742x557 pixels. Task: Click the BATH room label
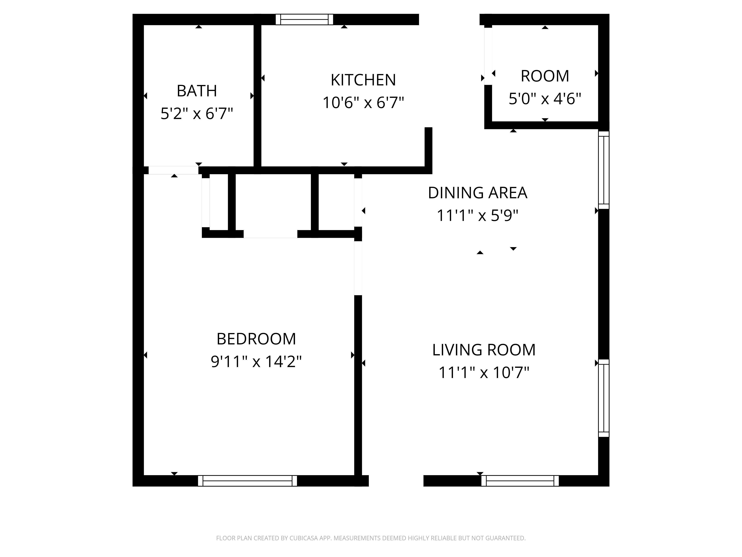point(197,91)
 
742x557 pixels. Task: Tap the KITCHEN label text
point(363,80)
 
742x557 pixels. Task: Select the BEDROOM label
point(256,339)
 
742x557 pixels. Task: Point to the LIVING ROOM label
point(484,350)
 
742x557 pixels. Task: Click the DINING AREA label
point(478,193)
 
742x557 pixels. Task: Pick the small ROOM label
point(545,76)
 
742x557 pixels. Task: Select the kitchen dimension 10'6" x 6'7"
point(363,102)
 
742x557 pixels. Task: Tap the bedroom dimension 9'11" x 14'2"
point(256,362)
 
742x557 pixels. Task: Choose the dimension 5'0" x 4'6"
point(545,99)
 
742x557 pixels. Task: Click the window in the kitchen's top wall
point(304,19)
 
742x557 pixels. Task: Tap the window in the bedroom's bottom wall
point(248,481)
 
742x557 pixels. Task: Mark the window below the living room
point(520,481)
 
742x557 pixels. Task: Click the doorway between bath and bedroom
point(173,170)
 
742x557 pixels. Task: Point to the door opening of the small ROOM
point(488,56)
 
